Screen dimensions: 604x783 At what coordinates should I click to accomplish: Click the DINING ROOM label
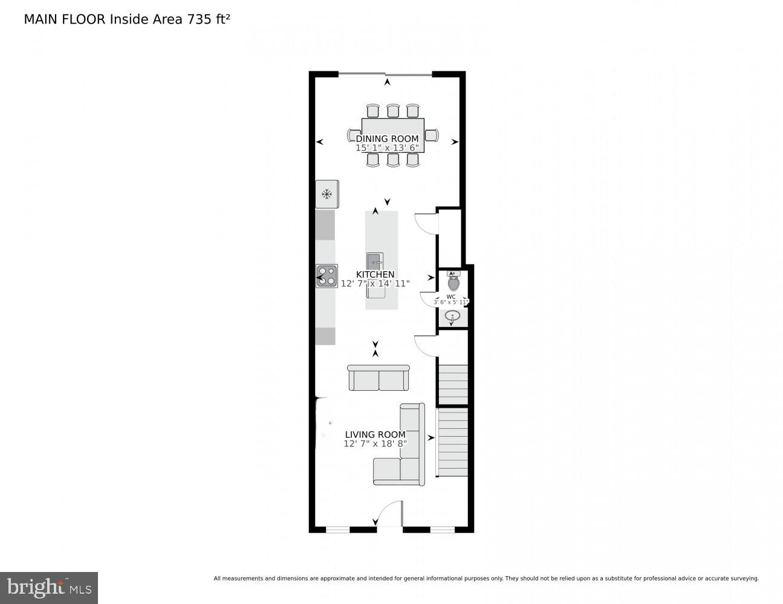387,138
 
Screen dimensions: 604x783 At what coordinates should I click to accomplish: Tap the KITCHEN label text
375,274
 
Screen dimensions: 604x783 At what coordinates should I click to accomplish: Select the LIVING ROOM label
375,434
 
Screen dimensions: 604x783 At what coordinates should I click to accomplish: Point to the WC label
451,297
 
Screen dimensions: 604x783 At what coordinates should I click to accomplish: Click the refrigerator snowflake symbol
327,194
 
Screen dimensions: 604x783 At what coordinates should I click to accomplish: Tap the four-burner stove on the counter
327,276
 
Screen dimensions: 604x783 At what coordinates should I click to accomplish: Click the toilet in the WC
453,281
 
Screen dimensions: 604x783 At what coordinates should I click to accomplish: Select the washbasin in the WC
452,315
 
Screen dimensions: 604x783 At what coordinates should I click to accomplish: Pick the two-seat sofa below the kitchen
379,378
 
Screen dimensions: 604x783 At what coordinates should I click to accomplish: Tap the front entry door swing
389,513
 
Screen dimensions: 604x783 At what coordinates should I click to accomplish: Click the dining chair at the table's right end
431,135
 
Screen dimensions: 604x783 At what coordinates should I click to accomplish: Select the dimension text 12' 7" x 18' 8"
375,443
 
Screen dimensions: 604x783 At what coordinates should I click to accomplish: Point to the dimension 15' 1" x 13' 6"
387,147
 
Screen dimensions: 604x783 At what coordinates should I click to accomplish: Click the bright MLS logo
49,587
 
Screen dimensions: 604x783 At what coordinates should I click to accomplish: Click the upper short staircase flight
453,384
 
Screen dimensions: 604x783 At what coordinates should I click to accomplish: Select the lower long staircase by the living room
453,442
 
